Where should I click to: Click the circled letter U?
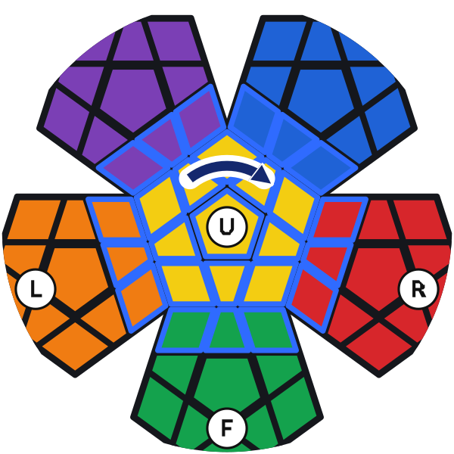pos(227,226)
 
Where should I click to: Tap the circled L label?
pos(36,289)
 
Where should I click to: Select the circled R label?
pos(418,289)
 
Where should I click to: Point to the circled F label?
pos(227,428)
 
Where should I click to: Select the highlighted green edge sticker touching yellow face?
pos(227,330)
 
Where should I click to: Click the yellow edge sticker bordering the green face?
pos(227,284)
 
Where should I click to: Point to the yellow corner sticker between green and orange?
pos(186,284)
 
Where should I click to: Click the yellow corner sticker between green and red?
pos(268,284)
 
